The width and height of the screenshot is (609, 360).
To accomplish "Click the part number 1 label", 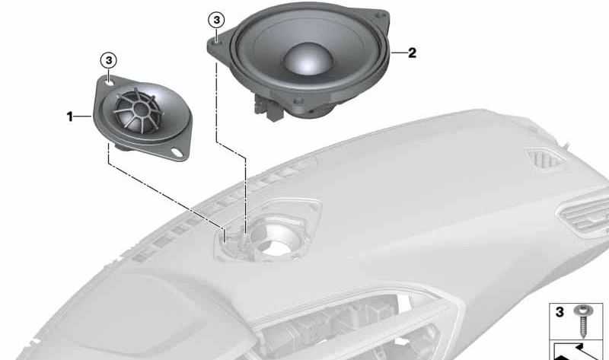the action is tap(70, 116).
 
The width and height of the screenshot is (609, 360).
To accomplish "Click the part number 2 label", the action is tap(412, 53).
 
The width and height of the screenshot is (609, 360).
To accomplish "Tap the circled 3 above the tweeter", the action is tap(109, 61).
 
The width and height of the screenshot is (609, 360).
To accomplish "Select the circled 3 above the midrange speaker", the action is tap(216, 21).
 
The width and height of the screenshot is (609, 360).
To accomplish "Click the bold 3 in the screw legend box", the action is tap(560, 312).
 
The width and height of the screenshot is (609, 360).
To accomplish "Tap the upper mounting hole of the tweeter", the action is tap(110, 82).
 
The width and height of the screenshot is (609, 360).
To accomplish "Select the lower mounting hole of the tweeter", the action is tap(177, 153).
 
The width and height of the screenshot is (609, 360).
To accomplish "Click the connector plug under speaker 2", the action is tap(268, 107).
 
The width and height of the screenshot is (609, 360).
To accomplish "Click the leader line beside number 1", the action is tap(82, 116).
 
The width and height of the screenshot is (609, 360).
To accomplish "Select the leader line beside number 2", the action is tap(397, 53).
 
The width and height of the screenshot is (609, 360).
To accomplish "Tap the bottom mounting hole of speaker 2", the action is tap(298, 102).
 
